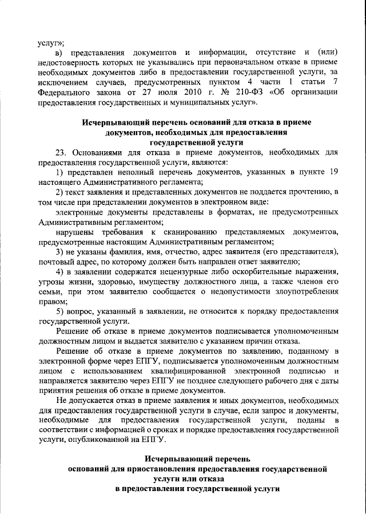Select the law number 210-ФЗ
236,93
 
